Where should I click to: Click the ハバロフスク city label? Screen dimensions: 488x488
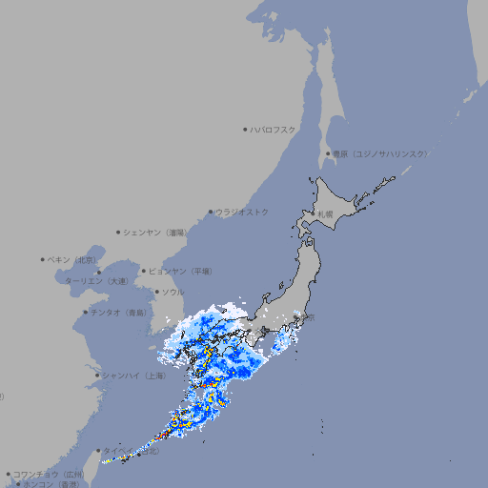pyautogui.click(x=274, y=129)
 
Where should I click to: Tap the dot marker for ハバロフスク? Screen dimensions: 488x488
pyautogui.click(x=246, y=129)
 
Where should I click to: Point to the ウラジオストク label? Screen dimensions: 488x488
pyautogui.click(x=242, y=212)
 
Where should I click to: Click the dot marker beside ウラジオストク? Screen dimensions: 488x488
pyautogui.click(x=211, y=212)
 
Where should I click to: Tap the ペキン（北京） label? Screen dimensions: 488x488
pyautogui.click(x=73, y=259)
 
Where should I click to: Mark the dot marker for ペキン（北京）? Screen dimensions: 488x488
pyautogui.click(x=43, y=259)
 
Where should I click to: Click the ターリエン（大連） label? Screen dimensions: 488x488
pyautogui.click(x=96, y=281)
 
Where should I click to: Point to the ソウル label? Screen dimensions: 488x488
pyautogui.click(x=173, y=292)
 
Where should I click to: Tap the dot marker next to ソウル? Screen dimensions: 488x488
pyautogui.click(x=155, y=292)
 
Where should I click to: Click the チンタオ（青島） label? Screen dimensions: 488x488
pyautogui.click(x=119, y=312)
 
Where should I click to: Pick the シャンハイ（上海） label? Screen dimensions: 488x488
pyautogui.click(x=133, y=376)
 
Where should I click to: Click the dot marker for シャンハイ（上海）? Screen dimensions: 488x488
pyautogui.click(x=97, y=376)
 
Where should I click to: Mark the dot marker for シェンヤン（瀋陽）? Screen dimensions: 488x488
pyautogui.click(x=118, y=232)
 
